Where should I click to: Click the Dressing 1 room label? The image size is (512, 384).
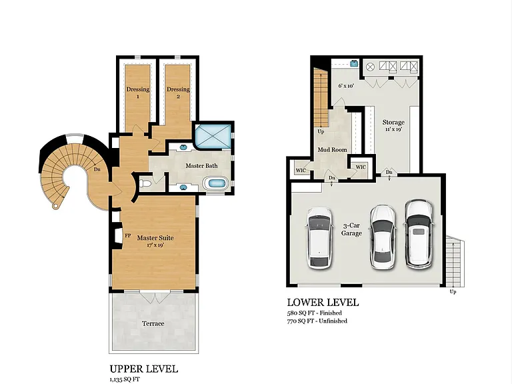point(138,93)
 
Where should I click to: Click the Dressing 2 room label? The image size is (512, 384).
point(178,93)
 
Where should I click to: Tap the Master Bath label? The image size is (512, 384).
point(201,166)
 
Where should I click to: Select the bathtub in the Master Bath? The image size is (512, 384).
point(215,183)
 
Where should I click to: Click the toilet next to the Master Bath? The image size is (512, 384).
point(145,184)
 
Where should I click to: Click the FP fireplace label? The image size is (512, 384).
point(128,235)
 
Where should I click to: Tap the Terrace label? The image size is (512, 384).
point(153,323)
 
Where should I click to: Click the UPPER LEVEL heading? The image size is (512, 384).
point(144,369)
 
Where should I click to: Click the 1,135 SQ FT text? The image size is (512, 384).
point(125,379)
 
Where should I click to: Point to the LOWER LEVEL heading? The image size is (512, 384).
point(323,303)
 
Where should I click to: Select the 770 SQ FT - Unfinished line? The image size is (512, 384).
point(317,321)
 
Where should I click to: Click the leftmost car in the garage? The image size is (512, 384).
point(319,238)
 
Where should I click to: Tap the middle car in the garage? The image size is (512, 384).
point(383,237)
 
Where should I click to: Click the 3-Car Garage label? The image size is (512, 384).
point(351,229)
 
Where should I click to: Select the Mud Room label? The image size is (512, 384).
point(332,150)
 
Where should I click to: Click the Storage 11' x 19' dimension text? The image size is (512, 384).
point(393,129)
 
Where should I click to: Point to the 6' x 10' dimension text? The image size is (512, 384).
point(346,86)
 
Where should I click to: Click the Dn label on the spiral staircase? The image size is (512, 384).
point(97,169)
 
